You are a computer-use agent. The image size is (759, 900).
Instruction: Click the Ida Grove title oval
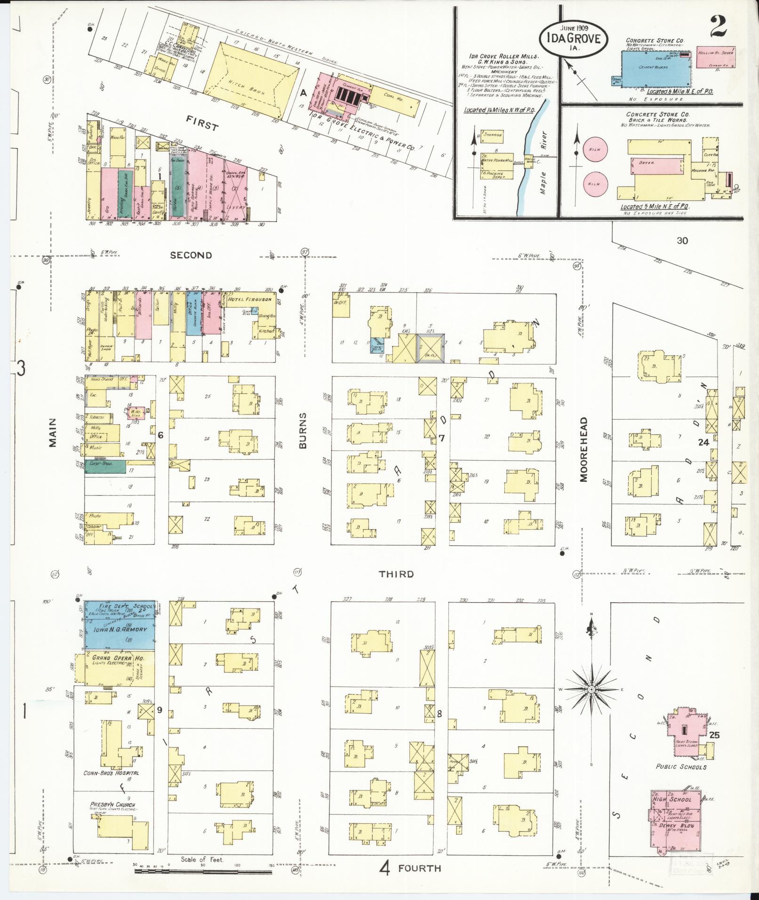[573, 37]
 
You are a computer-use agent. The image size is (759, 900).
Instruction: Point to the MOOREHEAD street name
[583, 449]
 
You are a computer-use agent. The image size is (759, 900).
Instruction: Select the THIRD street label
[397, 574]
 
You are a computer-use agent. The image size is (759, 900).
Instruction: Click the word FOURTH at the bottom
[419, 868]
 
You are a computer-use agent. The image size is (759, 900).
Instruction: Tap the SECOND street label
[191, 255]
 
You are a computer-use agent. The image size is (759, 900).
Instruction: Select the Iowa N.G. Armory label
[120, 629]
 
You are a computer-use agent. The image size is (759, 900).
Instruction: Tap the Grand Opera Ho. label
[118, 658]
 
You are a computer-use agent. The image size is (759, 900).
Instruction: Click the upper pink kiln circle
[594, 150]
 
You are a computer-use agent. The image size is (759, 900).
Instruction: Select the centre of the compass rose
[591, 689]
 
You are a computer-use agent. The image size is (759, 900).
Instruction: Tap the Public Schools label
[681, 766]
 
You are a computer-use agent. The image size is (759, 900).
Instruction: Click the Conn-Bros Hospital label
[111, 773]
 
